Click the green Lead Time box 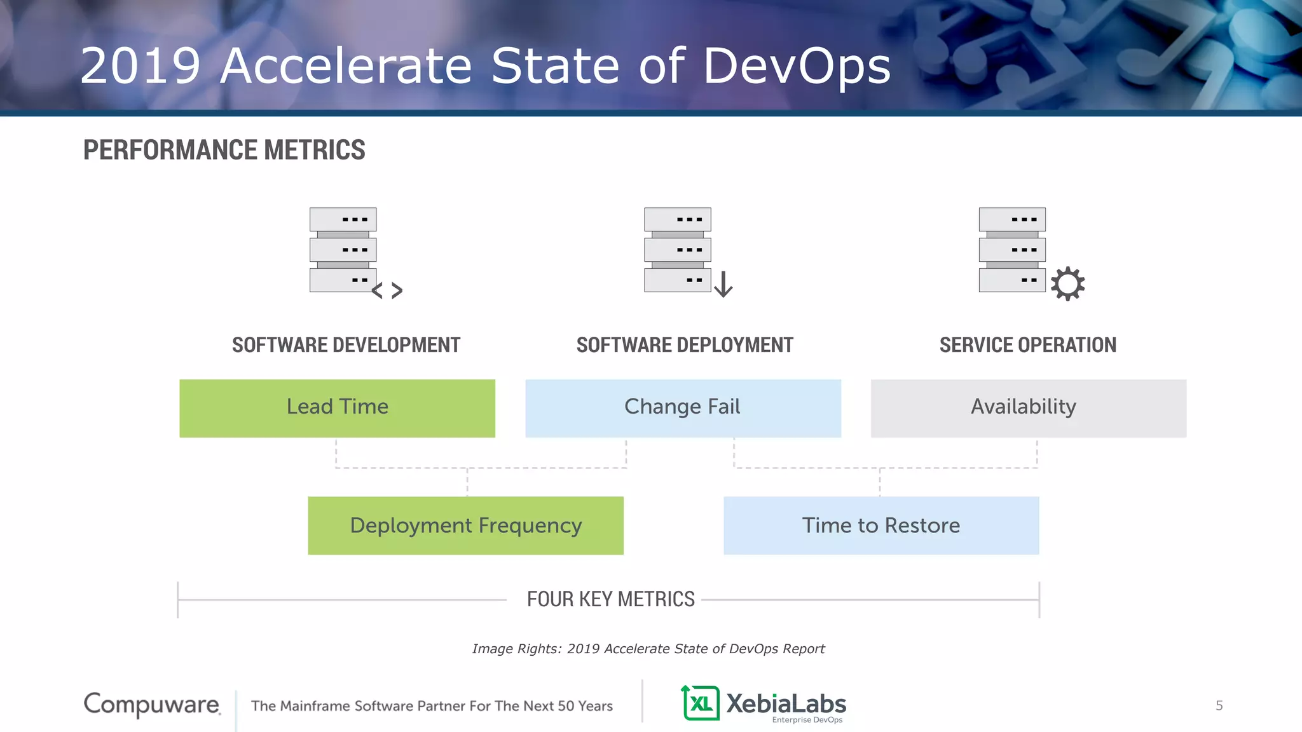pyautogui.click(x=337, y=408)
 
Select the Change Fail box pyautogui.click(x=683, y=408)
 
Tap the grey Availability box pyautogui.click(x=1028, y=408)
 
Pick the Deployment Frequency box pyautogui.click(x=465, y=525)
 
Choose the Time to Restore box pyautogui.click(x=881, y=525)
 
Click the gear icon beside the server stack pyautogui.click(x=1067, y=283)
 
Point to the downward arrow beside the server pyautogui.click(x=723, y=284)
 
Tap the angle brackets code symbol pyautogui.click(x=387, y=290)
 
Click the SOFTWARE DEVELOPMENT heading pyautogui.click(x=346, y=345)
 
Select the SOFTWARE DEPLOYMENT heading pyautogui.click(x=685, y=345)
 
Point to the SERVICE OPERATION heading pyautogui.click(x=1027, y=345)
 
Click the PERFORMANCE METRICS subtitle pyautogui.click(x=224, y=150)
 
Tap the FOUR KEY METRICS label pyautogui.click(x=610, y=599)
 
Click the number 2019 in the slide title pyautogui.click(x=140, y=65)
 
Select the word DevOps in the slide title pyautogui.click(x=797, y=65)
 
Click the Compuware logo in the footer pyautogui.click(x=152, y=705)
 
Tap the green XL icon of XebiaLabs pyautogui.click(x=700, y=703)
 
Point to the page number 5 pyautogui.click(x=1219, y=705)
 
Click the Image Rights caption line pyautogui.click(x=648, y=649)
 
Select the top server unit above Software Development pyautogui.click(x=343, y=219)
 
